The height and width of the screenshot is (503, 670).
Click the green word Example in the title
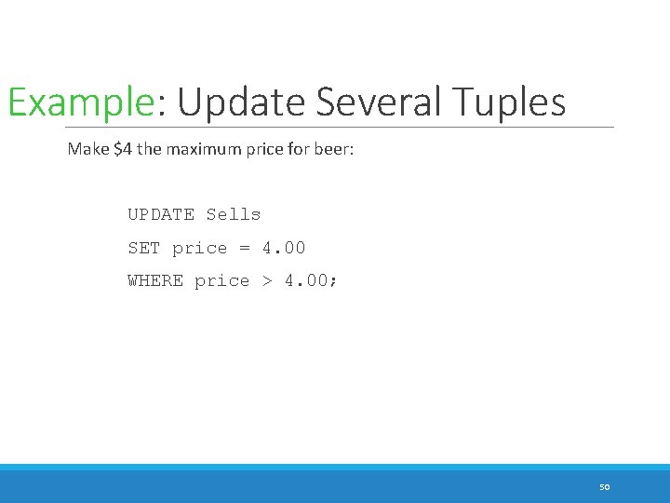[79, 102]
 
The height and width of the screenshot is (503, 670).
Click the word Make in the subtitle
[87, 149]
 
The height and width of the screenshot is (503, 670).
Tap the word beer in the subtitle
[332, 149]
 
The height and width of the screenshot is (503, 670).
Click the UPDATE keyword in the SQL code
[161, 214]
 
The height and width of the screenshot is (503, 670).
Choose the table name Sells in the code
[234, 214]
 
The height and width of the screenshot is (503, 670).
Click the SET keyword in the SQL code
[144, 248]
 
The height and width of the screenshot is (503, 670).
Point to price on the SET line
[199, 248]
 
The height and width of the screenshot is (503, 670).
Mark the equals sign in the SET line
[245, 248]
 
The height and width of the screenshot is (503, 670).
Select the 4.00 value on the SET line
[283, 248]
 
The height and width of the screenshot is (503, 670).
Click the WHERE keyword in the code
[155, 280]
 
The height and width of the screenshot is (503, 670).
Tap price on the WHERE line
[221, 280]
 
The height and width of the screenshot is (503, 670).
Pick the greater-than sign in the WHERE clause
[267, 280]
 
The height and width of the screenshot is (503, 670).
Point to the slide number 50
[604, 487]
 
